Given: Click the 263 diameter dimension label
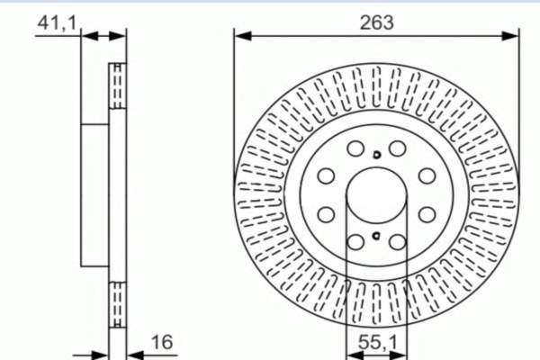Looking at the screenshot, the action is (x=376, y=22).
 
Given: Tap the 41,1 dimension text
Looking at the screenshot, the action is (x=57, y=23).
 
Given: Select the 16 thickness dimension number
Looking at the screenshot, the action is (x=162, y=342).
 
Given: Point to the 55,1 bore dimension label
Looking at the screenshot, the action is (x=377, y=342).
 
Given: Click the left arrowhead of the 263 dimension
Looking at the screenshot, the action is (x=243, y=36).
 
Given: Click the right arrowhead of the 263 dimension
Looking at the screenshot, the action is (x=510, y=36).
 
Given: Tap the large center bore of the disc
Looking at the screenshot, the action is (x=376, y=195).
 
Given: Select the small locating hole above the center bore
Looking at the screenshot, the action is (x=376, y=155).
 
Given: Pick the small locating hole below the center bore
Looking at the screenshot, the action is (x=376, y=236).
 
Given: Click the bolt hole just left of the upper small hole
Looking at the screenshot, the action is (x=355, y=148).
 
